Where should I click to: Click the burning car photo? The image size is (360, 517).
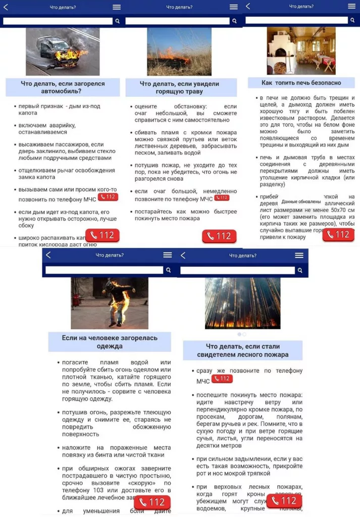point(63,51)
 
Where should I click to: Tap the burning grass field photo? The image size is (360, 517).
point(179,51)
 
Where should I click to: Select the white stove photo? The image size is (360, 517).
point(301,50)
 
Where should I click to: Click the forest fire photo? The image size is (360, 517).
point(242,303)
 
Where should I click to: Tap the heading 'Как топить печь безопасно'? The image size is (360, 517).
point(301,83)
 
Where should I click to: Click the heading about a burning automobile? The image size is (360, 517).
point(63,87)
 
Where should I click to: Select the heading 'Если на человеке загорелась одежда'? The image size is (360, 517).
point(110,342)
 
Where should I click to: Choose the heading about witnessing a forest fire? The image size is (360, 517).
point(242,350)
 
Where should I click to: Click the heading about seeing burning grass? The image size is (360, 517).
point(180,87)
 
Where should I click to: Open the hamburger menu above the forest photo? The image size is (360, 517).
point(299,255)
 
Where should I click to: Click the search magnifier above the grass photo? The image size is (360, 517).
point(234,21)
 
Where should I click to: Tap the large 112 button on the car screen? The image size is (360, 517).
point(102,236)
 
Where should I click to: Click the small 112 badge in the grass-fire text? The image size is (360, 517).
point(221,198)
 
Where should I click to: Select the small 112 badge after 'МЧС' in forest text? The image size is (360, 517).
point(222,379)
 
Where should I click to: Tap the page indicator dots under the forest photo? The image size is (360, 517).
point(242,334)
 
